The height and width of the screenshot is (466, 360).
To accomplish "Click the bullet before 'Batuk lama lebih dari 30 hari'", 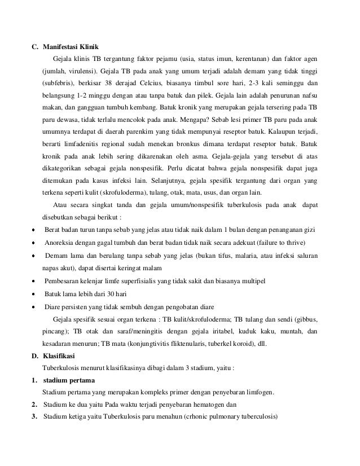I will point(34,293).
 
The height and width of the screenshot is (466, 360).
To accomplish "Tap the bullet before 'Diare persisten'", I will point(34,306).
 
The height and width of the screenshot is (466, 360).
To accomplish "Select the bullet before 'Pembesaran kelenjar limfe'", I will point(34,281).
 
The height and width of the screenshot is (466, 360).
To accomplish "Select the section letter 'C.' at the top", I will point(33,46).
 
